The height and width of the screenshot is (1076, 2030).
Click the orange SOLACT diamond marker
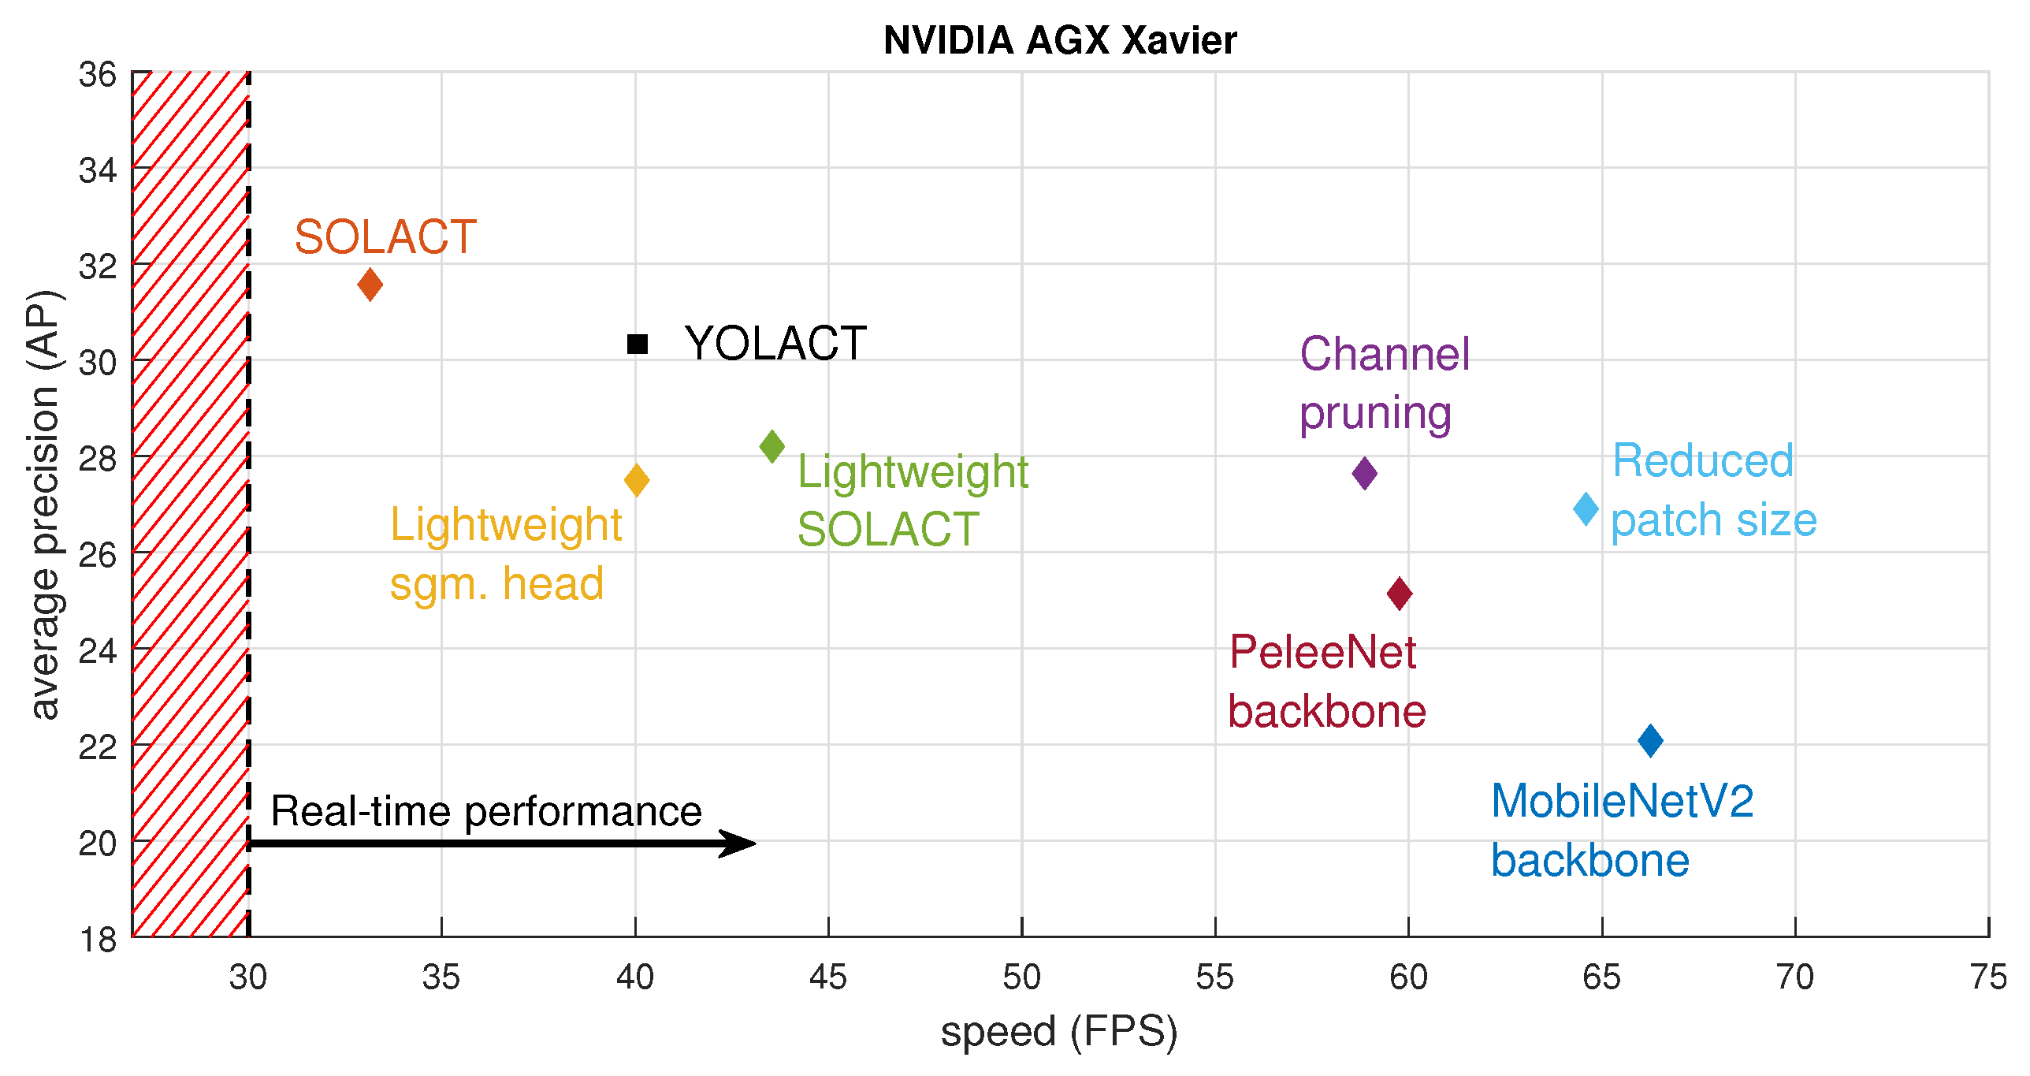coord(370,285)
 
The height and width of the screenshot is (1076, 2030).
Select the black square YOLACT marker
coord(637,344)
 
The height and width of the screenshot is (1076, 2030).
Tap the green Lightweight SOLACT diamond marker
coord(772,447)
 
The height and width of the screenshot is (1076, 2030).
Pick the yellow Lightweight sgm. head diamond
coord(637,480)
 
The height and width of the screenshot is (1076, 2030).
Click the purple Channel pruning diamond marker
coord(1364,474)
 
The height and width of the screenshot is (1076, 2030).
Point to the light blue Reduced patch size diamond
coord(1586,509)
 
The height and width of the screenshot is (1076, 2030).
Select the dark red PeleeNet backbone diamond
coord(1400,594)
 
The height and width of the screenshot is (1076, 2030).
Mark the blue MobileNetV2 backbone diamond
coord(1650,741)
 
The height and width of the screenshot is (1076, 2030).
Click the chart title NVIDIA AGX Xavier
coord(1059,41)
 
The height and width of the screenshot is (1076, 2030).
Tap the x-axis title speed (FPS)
coord(1059,1032)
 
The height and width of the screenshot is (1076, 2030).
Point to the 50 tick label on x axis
coord(1021,977)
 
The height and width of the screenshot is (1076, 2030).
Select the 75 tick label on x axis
coord(1987,977)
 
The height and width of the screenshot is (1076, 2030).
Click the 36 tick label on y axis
coord(98,76)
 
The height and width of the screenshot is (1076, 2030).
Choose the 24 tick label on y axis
coord(98,651)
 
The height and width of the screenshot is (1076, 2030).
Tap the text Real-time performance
coord(485,811)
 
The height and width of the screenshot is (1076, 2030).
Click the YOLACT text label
coord(775,344)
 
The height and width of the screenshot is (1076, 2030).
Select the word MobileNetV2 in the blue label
coord(1622,802)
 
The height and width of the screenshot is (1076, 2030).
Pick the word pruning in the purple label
coord(1375,414)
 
